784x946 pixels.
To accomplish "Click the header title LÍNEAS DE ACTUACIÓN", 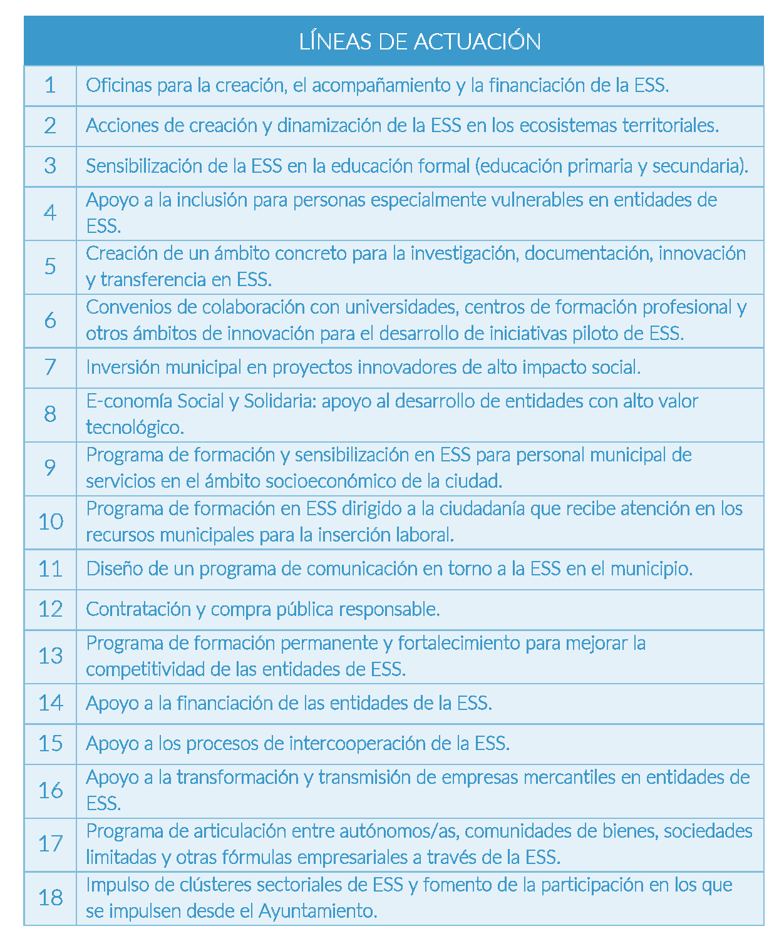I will click(420, 41).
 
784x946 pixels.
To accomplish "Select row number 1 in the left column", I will click(50, 85).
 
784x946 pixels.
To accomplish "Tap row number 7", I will click(50, 367).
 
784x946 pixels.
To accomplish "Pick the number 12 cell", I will click(50, 609).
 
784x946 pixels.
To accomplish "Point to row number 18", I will click(50, 898).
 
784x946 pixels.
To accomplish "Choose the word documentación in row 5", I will click(587, 253).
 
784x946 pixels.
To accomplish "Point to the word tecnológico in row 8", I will click(134, 428).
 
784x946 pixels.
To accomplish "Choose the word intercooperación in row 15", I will click(358, 743).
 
